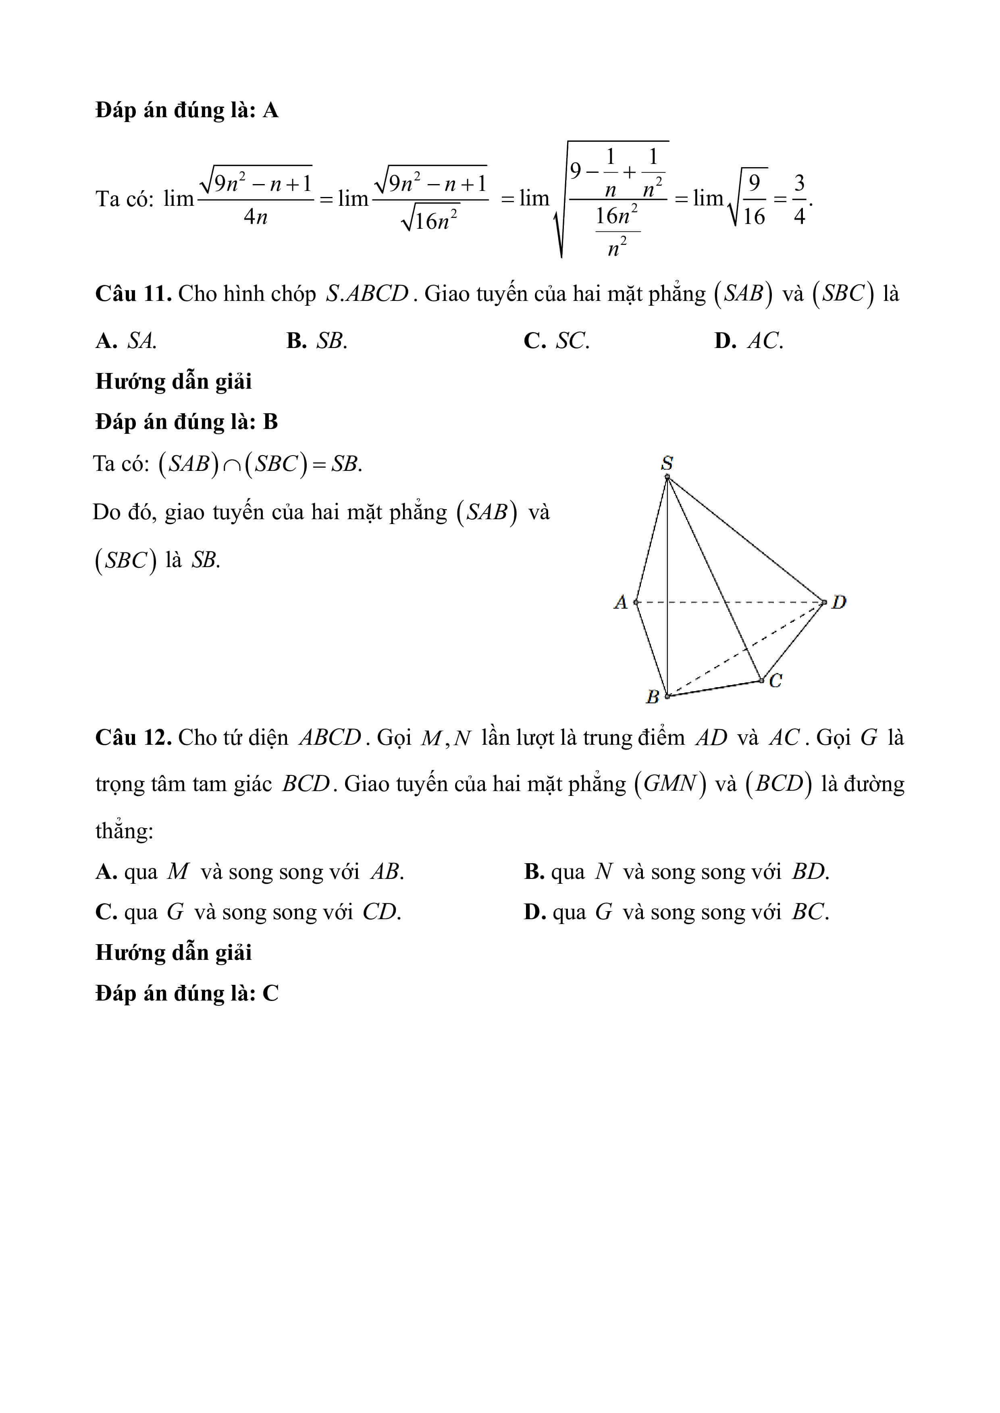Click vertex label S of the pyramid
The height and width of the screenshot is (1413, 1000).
pos(667,462)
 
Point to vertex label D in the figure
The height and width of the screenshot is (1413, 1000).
pos(839,602)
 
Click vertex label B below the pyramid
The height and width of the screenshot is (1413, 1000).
pos(653,697)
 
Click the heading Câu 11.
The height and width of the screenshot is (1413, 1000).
pos(133,294)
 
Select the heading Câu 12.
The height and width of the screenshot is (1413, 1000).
pos(133,737)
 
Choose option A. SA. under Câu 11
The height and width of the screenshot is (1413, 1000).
pos(126,340)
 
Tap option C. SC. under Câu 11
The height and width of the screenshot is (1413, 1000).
pos(556,340)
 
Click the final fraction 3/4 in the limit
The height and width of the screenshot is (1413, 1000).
pos(799,199)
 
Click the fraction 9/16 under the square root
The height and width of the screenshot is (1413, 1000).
pos(754,199)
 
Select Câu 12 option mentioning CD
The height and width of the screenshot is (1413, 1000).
pos(248,912)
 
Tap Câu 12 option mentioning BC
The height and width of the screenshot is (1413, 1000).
pos(676,912)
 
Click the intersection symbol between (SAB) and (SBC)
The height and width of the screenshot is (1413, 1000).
pos(232,465)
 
